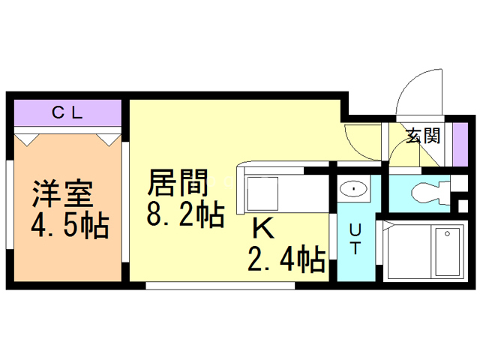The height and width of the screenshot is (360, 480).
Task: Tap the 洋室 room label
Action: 62,193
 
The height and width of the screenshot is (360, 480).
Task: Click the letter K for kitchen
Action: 262,227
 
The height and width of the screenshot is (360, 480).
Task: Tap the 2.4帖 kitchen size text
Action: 287,259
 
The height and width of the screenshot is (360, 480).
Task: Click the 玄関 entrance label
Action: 424,136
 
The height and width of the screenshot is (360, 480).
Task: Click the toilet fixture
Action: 428,192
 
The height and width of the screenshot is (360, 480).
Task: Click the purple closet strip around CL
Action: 67,115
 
